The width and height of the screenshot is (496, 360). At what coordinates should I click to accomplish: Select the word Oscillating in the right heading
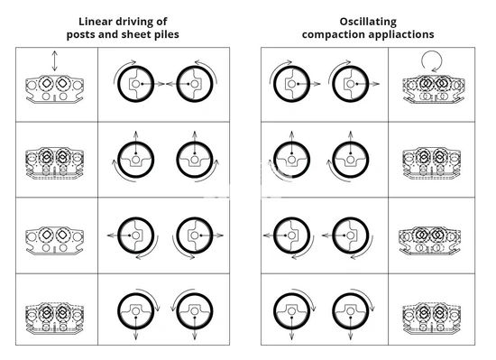pos(368,23)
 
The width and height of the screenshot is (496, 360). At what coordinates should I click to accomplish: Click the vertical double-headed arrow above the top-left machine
pos(55,60)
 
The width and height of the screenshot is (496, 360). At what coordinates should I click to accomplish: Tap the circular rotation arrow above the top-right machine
pos(431,61)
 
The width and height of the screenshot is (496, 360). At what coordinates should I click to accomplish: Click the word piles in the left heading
pos(167,35)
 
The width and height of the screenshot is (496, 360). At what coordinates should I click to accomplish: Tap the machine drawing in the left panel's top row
pos(55,89)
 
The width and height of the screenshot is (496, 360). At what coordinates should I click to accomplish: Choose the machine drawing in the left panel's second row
pos(55,163)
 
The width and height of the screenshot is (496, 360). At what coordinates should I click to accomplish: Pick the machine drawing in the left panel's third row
pos(55,240)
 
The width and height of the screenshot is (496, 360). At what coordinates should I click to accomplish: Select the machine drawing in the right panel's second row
pos(431,163)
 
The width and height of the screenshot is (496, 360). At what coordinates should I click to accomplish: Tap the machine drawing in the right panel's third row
pos(429,240)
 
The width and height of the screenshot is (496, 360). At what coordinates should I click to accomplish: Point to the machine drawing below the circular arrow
pos(434,89)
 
